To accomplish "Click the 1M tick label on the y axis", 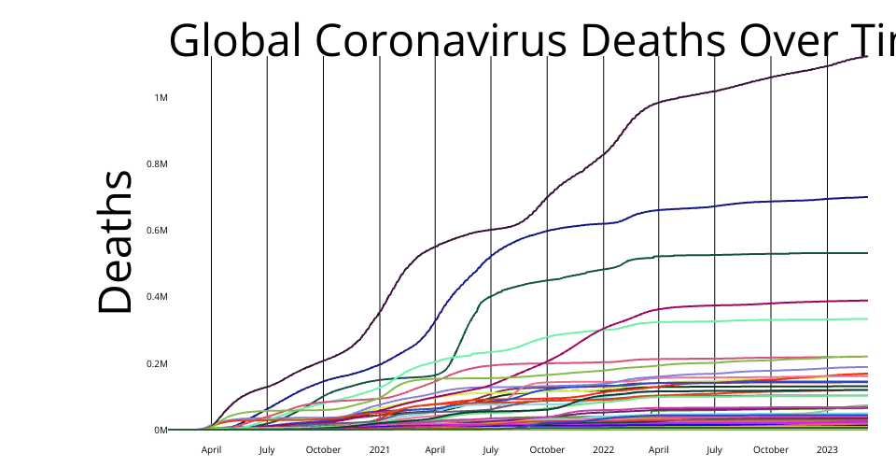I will pos(161,98).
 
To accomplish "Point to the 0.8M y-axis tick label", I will pos(158,164).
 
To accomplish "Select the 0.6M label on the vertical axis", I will pos(158,231).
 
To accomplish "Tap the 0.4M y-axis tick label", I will pos(158,297).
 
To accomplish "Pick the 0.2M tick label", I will pos(158,363).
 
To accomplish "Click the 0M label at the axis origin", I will pos(161,431).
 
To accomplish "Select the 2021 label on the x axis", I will pos(379,449).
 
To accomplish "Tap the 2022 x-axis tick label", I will pos(603,449).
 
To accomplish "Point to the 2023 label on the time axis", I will pos(827,449).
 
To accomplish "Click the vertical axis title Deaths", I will pos(116,243).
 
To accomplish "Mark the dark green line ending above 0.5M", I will pos(747,254).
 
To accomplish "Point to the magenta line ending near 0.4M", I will pos(747,304).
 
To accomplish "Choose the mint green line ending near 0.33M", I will pos(747,320).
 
